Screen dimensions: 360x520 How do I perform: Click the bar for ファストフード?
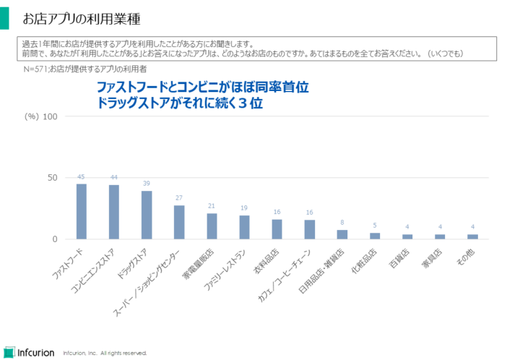coord(82,211)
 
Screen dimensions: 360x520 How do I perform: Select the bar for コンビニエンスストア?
coord(114,212)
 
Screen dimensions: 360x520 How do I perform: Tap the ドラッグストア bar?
coord(147,215)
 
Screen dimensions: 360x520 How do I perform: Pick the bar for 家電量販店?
coord(212,226)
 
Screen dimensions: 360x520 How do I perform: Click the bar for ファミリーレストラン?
coord(244,227)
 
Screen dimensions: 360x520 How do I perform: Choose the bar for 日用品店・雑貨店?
coord(342,234)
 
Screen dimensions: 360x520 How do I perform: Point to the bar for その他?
coord(472,236)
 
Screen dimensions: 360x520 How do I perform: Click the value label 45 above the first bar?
coord(82,177)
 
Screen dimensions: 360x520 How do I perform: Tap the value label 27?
coord(179,198)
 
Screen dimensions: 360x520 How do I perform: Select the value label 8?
coord(342,223)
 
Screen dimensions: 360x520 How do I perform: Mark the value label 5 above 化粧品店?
coord(375,226)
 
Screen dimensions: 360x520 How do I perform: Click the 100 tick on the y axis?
coord(51,116)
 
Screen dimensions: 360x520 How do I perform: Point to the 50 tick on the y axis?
coord(53,178)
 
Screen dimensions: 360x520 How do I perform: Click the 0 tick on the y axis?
coord(56,239)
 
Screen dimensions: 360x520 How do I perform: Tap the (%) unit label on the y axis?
coord(31,116)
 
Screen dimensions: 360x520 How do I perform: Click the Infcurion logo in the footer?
coord(29,352)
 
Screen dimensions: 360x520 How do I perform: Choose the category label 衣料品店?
coord(273,260)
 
